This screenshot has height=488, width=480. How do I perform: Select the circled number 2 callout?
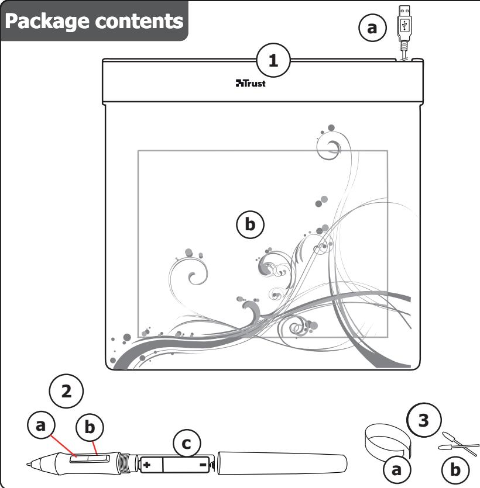point(67,391)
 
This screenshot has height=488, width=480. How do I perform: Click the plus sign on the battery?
point(147,465)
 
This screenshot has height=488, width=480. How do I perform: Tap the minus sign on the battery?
point(201,465)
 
